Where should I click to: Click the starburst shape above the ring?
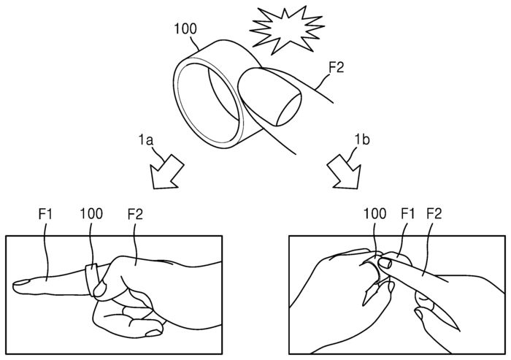281,27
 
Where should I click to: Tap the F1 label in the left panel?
45,216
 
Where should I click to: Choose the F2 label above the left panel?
134,216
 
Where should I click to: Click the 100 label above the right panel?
375,216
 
